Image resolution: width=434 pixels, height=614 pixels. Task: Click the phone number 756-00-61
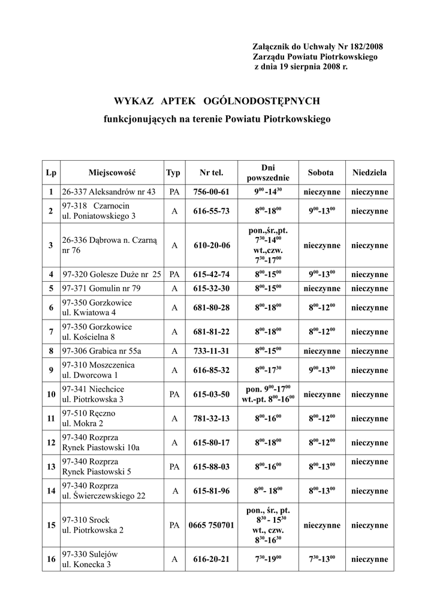click(211, 192)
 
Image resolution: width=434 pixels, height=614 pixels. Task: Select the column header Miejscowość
click(112, 173)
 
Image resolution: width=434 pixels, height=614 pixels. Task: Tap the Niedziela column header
click(369, 173)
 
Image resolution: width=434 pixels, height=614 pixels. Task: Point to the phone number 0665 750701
click(211, 525)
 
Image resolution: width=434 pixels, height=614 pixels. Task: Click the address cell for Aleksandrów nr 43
click(108, 192)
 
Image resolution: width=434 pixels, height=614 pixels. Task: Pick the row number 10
click(51, 395)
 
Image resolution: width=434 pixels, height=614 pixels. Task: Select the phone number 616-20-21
click(211, 559)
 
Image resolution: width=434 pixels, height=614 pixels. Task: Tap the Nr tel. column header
click(211, 173)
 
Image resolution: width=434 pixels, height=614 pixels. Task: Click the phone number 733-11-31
click(211, 351)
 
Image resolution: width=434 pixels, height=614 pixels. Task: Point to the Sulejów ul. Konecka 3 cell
click(90, 559)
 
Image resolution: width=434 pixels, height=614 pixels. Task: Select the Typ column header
click(173, 173)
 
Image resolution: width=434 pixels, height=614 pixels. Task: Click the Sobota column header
click(321, 173)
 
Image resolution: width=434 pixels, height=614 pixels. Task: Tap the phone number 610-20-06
click(211, 246)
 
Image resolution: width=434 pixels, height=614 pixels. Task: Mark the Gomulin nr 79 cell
click(101, 288)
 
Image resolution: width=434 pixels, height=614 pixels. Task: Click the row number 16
click(51, 559)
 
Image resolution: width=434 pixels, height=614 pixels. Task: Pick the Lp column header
click(51, 173)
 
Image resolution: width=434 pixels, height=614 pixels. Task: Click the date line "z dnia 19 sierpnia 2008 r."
click(301, 68)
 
